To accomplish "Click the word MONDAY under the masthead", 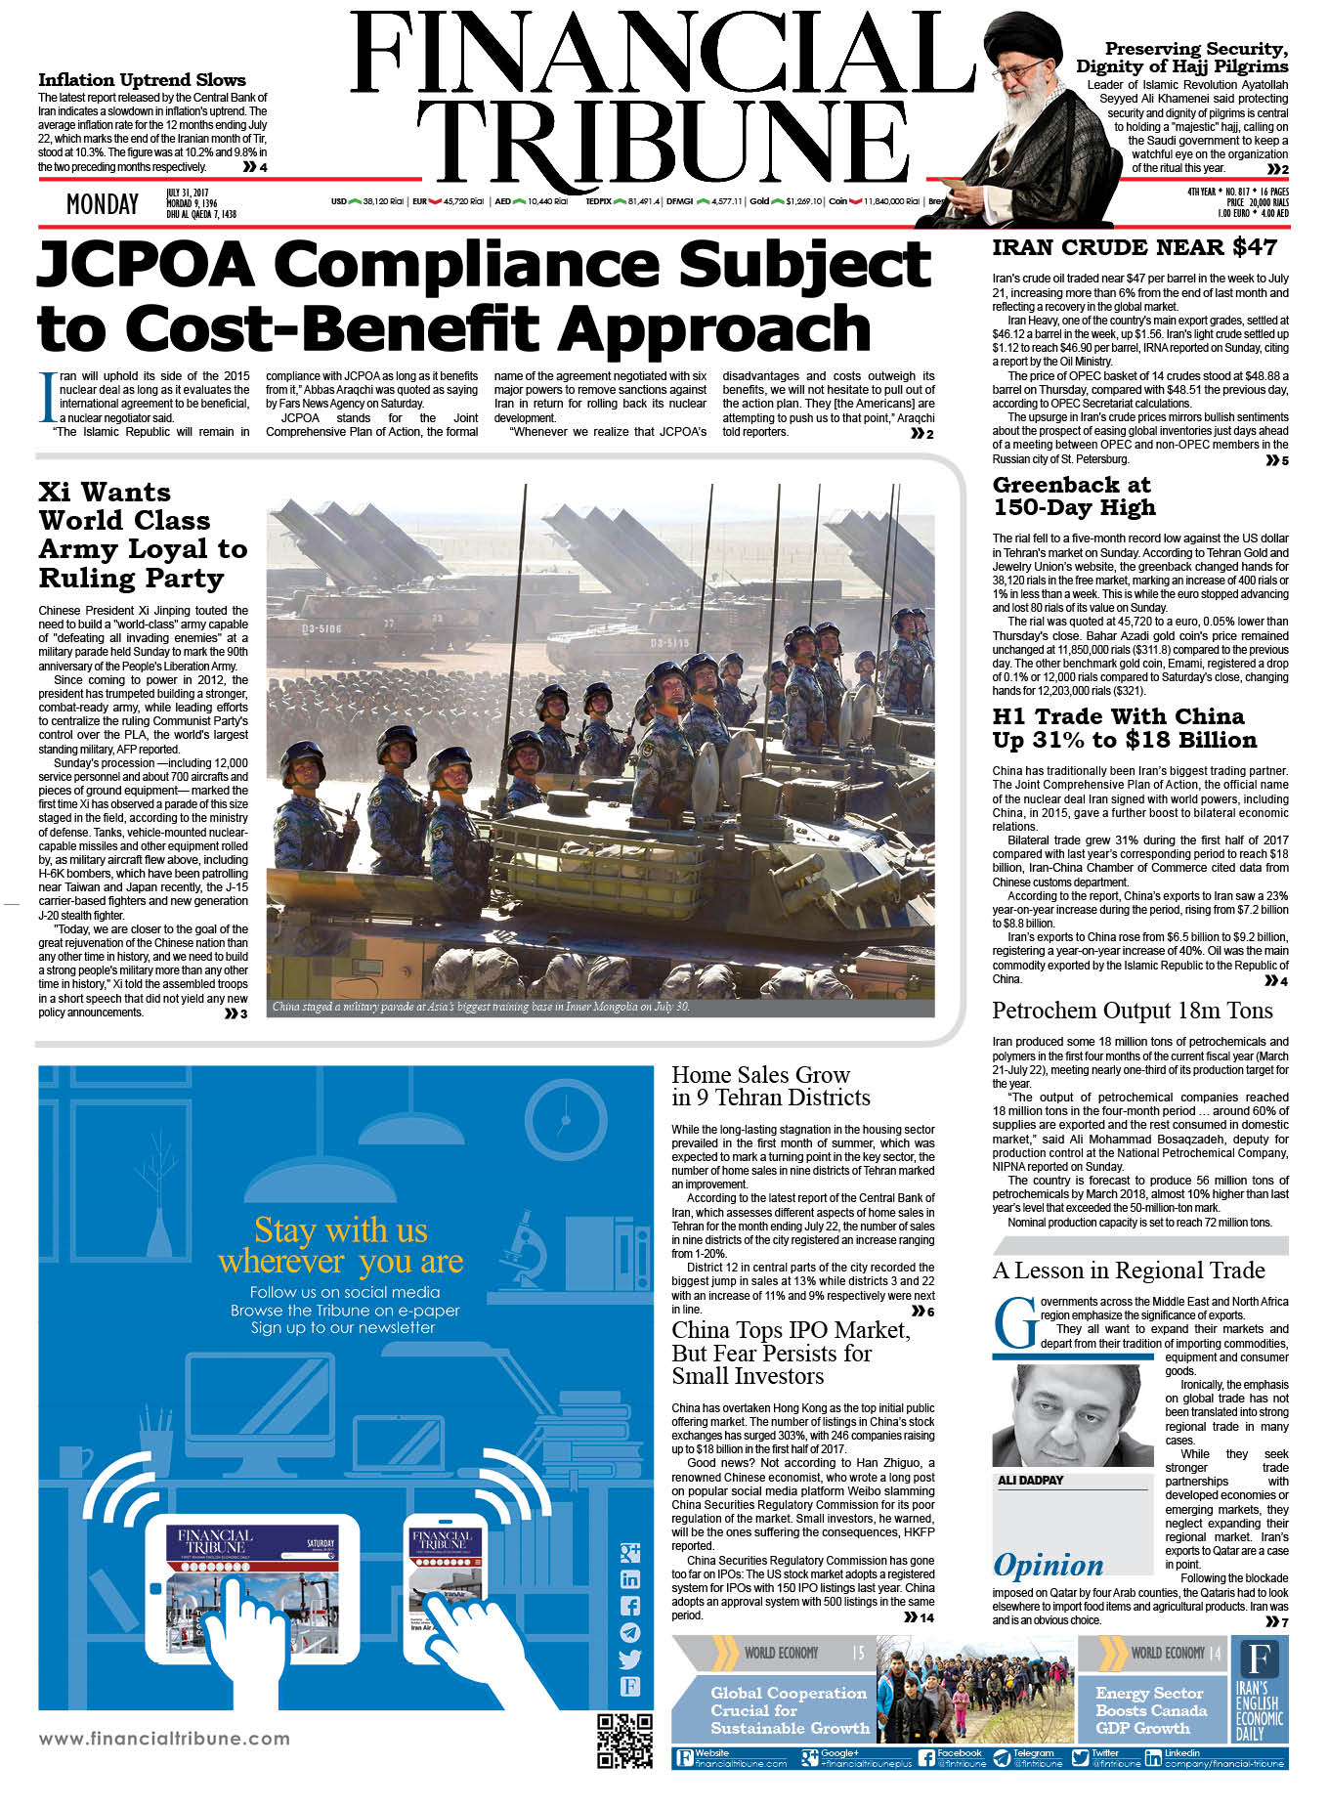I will [x=102, y=204].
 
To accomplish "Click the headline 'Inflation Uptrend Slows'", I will [x=142, y=80].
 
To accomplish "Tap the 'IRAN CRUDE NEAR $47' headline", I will [x=1134, y=247].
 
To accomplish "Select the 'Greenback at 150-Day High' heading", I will [x=1073, y=495].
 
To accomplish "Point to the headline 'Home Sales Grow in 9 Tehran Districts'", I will [x=770, y=1086].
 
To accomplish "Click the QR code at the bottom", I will [x=623, y=1741].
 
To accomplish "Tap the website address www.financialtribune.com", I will [x=164, y=1738].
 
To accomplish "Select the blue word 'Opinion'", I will [x=1048, y=1565].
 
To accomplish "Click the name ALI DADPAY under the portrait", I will [x=1030, y=1481].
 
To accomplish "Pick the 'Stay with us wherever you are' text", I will [x=341, y=1245].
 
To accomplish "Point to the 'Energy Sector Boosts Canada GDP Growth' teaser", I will [x=1150, y=1709].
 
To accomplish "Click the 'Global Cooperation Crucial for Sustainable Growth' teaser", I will [x=789, y=1709].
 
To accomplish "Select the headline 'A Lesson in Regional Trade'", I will [x=1128, y=1271].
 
